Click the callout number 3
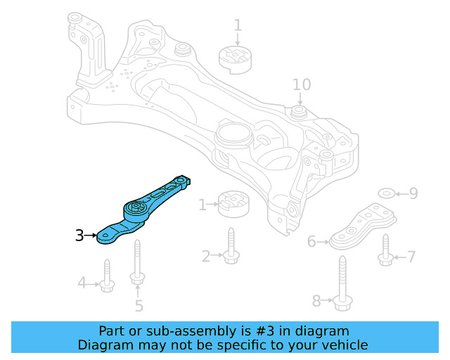[79, 236]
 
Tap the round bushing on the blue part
[134, 210]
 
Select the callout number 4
[82, 283]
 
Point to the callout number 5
[139, 306]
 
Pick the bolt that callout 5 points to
[137, 262]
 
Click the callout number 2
[206, 257]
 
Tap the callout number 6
[312, 243]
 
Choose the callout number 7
[411, 257]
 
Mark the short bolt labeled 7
[385, 252]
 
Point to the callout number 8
[316, 301]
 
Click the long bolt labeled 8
[342, 284]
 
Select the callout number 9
[413, 193]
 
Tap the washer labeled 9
[387, 193]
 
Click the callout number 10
[301, 85]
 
